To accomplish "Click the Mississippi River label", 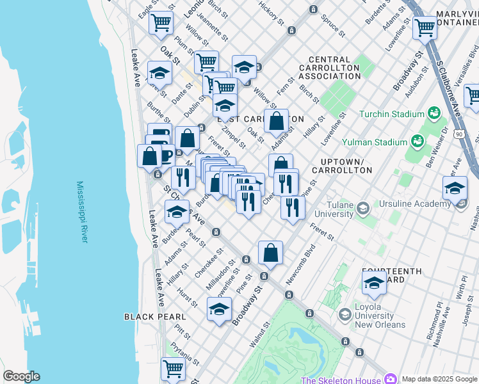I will (x=81, y=212).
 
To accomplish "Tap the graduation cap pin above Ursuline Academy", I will (x=455, y=189).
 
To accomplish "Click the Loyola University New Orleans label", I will (x=380, y=316).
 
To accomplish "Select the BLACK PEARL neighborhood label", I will (x=155, y=317).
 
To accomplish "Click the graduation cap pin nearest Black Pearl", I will (x=219, y=310).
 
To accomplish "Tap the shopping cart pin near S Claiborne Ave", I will (x=425, y=28).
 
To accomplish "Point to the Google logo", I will (x=21, y=376).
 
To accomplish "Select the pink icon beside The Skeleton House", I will (x=390, y=380).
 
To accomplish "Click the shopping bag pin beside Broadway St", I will (x=271, y=253).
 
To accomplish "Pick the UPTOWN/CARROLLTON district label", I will (x=341, y=166).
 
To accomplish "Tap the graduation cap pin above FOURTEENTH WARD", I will (x=374, y=282).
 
